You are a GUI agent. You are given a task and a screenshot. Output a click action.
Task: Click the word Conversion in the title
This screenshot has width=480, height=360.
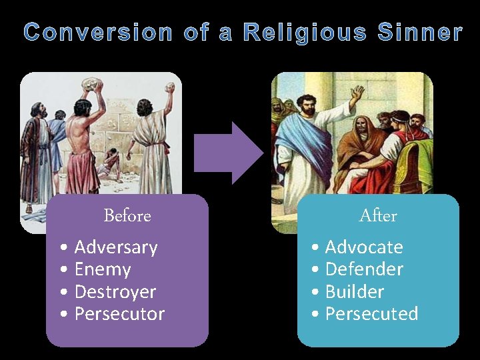(x=98, y=32)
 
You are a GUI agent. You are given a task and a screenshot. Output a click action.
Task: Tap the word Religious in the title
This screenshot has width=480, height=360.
(x=305, y=32)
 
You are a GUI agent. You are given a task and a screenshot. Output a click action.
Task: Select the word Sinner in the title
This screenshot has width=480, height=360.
(x=420, y=32)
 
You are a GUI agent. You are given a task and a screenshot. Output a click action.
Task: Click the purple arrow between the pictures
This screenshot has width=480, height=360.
(x=227, y=153)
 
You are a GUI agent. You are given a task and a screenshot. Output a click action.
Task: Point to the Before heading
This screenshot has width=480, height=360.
(x=127, y=216)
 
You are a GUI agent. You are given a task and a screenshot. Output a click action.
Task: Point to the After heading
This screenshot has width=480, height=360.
(x=378, y=216)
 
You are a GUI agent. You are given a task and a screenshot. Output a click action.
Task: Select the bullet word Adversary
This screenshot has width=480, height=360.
(x=116, y=247)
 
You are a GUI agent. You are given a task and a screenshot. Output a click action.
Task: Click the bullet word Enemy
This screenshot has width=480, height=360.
(x=103, y=269)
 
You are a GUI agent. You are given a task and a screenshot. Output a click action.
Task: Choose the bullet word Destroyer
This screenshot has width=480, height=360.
(x=115, y=292)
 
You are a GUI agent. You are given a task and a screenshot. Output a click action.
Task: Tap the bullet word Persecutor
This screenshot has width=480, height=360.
(x=119, y=314)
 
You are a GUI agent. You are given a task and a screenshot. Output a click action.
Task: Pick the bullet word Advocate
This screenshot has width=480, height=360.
(x=364, y=247)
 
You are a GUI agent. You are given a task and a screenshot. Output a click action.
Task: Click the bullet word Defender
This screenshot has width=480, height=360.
(x=364, y=269)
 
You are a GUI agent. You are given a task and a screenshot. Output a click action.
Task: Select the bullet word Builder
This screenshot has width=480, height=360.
(x=355, y=292)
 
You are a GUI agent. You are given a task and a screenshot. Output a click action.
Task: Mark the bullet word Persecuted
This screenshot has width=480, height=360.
(x=371, y=314)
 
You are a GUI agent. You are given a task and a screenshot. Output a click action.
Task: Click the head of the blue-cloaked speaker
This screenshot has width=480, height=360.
(x=309, y=105)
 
